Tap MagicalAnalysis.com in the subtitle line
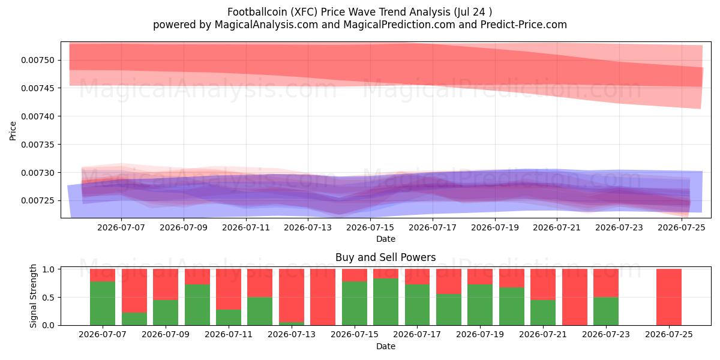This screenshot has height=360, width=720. (x=266, y=25)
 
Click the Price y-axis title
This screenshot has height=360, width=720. (x=13, y=131)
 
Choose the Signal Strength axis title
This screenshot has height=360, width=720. (x=33, y=296)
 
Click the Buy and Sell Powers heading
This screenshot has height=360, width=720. (x=385, y=257)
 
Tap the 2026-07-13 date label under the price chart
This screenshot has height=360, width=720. (x=308, y=227)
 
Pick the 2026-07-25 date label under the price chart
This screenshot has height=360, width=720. (x=682, y=227)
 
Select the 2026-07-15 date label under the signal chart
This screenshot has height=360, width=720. (x=355, y=334)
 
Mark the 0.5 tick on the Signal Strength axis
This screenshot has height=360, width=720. (x=48, y=298)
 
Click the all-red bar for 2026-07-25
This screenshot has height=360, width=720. (x=669, y=297)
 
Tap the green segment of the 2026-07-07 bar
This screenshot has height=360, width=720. (x=103, y=304)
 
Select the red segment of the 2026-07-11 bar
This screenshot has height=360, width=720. (x=229, y=289)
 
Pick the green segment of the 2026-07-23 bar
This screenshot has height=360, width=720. (x=606, y=311)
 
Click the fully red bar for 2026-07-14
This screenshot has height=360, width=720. (x=323, y=297)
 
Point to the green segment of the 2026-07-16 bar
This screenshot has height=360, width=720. (x=386, y=302)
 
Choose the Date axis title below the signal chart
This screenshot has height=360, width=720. (x=386, y=346)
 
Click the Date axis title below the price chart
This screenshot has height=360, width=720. (x=386, y=239)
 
